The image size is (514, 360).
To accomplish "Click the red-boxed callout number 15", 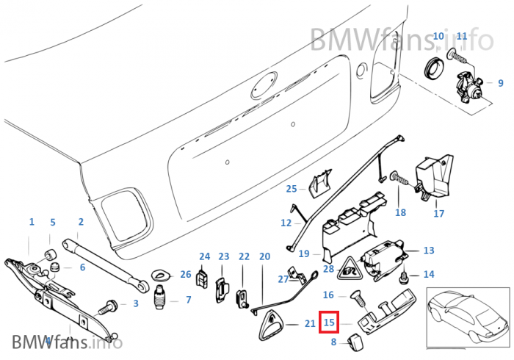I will (x=329, y=322).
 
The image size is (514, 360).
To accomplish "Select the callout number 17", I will (x=438, y=214).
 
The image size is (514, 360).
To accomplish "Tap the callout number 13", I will (x=429, y=251).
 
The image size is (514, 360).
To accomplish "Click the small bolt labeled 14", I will (x=405, y=278).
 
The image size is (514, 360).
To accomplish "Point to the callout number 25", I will (x=292, y=189).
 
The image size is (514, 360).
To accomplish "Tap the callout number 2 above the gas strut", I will (x=80, y=221).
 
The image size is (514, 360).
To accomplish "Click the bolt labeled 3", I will (x=112, y=303).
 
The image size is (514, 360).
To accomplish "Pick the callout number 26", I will (x=185, y=275).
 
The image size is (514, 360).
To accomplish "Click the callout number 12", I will (x=286, y=222).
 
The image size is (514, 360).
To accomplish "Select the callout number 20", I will (x=265, y=256).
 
